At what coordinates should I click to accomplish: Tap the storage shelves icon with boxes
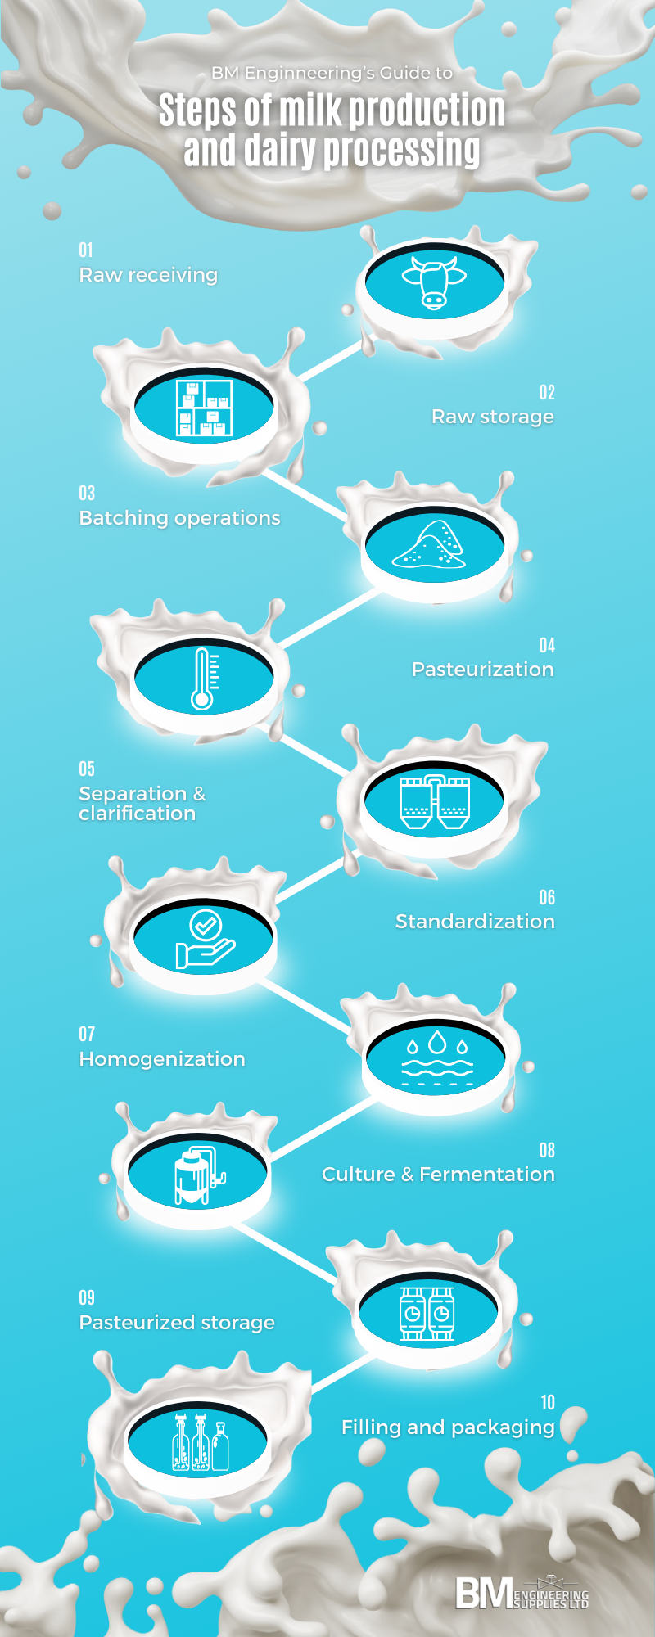click(205, 407)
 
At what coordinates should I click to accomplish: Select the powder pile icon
click(430, 543)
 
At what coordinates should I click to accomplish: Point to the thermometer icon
click(203, 678)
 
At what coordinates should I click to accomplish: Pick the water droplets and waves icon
click(437, 1058)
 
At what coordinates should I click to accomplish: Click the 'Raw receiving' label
click(148, 275)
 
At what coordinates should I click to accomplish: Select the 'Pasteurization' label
click(482, 670)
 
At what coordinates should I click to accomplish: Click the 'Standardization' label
click(475, 922)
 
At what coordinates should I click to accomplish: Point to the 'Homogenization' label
click(162, 1059)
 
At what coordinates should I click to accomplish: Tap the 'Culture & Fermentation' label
click(438, 1175)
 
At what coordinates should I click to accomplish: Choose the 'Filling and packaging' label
click(448, 1427)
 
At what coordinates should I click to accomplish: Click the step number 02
click(547, 393)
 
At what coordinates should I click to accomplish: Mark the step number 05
click(87, 769)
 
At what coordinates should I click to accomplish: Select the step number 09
click(87, 1298)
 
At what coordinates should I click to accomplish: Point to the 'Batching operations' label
click(179, 518)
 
